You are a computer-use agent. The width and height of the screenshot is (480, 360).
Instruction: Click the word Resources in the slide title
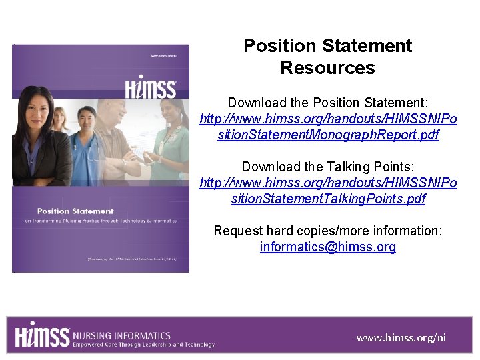click(327, 68)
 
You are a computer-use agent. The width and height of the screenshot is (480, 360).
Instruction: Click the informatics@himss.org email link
click(328, 247)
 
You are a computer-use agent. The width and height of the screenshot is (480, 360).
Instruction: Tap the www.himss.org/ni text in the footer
click(401, 337)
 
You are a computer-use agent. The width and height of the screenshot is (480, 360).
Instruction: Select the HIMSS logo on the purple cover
click(151, 89)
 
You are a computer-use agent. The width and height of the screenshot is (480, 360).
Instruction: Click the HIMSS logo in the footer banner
click(41, 335)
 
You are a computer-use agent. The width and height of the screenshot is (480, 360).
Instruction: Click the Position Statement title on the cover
click(75, 211)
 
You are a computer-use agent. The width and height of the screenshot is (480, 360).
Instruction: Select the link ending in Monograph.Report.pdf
click(328, 135)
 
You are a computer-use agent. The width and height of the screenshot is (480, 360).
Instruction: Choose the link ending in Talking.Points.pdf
click(328, 199)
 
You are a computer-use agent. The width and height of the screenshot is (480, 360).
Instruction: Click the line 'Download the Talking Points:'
click(328, 167)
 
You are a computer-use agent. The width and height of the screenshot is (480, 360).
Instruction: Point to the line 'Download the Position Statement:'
click(328, 103)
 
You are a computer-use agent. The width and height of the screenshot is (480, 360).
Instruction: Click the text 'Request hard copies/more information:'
click(328, 231)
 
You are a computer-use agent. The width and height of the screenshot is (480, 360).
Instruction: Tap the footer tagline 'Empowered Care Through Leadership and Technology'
click(143, 345)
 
